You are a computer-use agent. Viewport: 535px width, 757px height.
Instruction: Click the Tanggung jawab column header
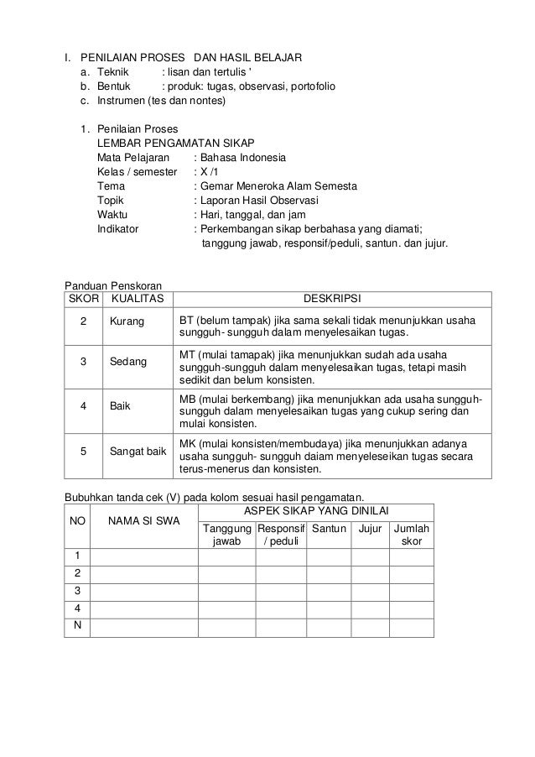pyautogui.click(x=226, y=535)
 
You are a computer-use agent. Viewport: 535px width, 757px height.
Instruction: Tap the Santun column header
pyautogui.click(x=329, y=529)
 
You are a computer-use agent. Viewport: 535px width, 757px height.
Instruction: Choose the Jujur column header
pyautogui.click(x=370, y=529)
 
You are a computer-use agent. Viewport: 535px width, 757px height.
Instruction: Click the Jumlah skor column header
pyautogui.click(x=412, y=535)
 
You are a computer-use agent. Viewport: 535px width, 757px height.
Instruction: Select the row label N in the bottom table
pyautogui.click(x=77, y=628)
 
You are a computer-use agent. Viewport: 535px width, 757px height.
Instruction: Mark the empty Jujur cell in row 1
pyautogui.click(x=370, y=556)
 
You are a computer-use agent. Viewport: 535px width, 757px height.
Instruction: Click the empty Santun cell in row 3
pyautogui.click(x=329, y=593)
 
